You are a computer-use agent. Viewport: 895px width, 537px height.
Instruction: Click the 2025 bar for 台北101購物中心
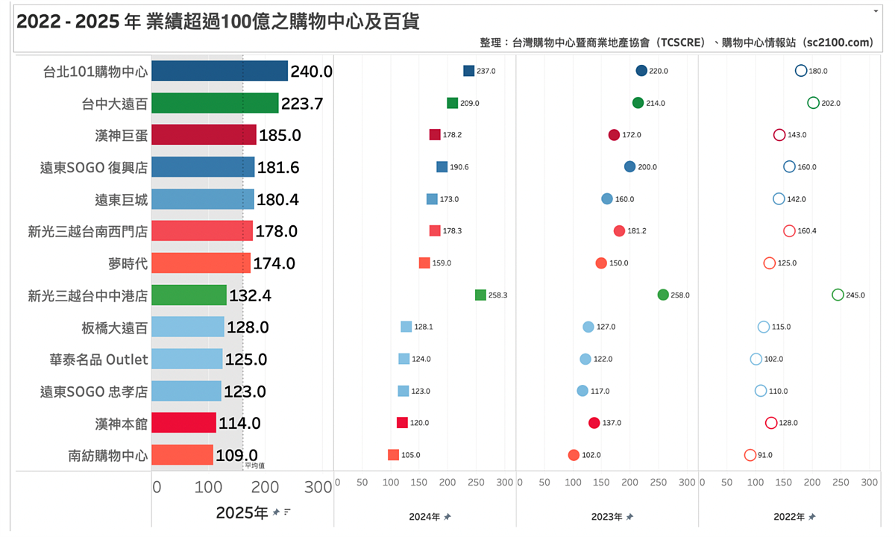tap(219, 71)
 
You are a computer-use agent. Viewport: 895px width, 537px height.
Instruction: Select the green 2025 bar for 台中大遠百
tap(215, 103)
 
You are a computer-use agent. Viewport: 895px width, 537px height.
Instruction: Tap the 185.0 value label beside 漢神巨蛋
tap(280, 135)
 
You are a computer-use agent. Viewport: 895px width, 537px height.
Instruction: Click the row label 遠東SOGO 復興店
tap(94, 167)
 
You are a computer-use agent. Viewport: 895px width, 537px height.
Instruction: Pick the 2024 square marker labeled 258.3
tap(480, 295)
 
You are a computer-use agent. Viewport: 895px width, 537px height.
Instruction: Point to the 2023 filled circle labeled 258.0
tap(663, 295)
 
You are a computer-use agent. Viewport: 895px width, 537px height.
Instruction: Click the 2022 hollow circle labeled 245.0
tap(838, 295)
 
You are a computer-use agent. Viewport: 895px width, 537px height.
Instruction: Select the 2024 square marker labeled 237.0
tap(468, 71)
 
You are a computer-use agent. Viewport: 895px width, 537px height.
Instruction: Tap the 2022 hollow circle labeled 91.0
tap(750, 455)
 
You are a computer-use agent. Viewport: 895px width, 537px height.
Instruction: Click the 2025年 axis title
tap(242, 512)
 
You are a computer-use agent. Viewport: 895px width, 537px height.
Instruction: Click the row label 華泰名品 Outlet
tap(98, 359)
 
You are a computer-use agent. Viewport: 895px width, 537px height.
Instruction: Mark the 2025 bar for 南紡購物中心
tap(182, 455)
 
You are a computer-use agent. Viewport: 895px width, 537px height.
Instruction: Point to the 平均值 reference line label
tap(254, 466)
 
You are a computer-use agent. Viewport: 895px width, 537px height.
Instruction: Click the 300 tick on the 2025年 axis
tap(318, 487)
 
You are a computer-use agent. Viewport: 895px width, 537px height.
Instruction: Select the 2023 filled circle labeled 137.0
tap(594, 423)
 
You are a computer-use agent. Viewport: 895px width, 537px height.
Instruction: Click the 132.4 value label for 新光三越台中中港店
tap(250, 295)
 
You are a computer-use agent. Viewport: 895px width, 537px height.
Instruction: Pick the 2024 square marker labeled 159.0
tap(424, 263)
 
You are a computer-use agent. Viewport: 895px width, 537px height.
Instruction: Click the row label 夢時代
tap(128, 263)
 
